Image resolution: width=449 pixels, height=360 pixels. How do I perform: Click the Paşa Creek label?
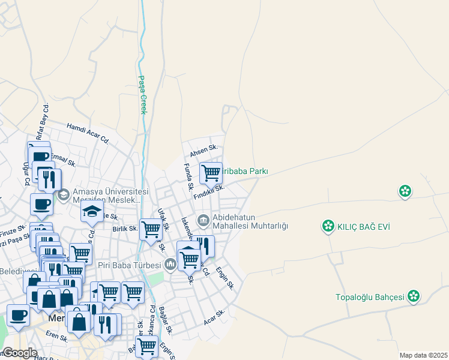click(x=143, y=94)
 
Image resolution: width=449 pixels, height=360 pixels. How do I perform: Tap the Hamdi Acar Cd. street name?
click(x=88, y=133)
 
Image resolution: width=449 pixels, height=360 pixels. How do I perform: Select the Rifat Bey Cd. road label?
click(x=43, y=122)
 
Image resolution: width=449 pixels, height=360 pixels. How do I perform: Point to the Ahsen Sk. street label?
click(x=203, y=152)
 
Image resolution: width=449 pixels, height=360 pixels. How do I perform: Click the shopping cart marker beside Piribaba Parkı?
click(x=211, y=173)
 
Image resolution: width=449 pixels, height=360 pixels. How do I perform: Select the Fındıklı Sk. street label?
click(x=209, y=193)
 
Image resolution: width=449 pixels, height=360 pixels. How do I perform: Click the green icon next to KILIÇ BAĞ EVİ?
click(x=328, y=226)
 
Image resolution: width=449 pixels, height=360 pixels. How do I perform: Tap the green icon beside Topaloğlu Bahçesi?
click(x=413, y=296)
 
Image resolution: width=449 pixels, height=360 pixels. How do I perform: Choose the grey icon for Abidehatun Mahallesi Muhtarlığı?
click(x=203, y=221)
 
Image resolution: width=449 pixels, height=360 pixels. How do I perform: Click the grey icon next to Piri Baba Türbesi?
click(x=170, y=264)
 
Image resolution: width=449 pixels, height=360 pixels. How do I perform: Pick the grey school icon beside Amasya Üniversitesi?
click(x=63, y=194)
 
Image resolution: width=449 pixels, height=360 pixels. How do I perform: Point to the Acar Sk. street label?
click(x=214, y=317)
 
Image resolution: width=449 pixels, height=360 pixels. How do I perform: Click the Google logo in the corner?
click(x=20, y=352)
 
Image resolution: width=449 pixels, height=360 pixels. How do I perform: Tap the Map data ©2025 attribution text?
click(x=423, y=355)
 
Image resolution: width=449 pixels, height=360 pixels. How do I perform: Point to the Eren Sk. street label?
click(x=56, y=337)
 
